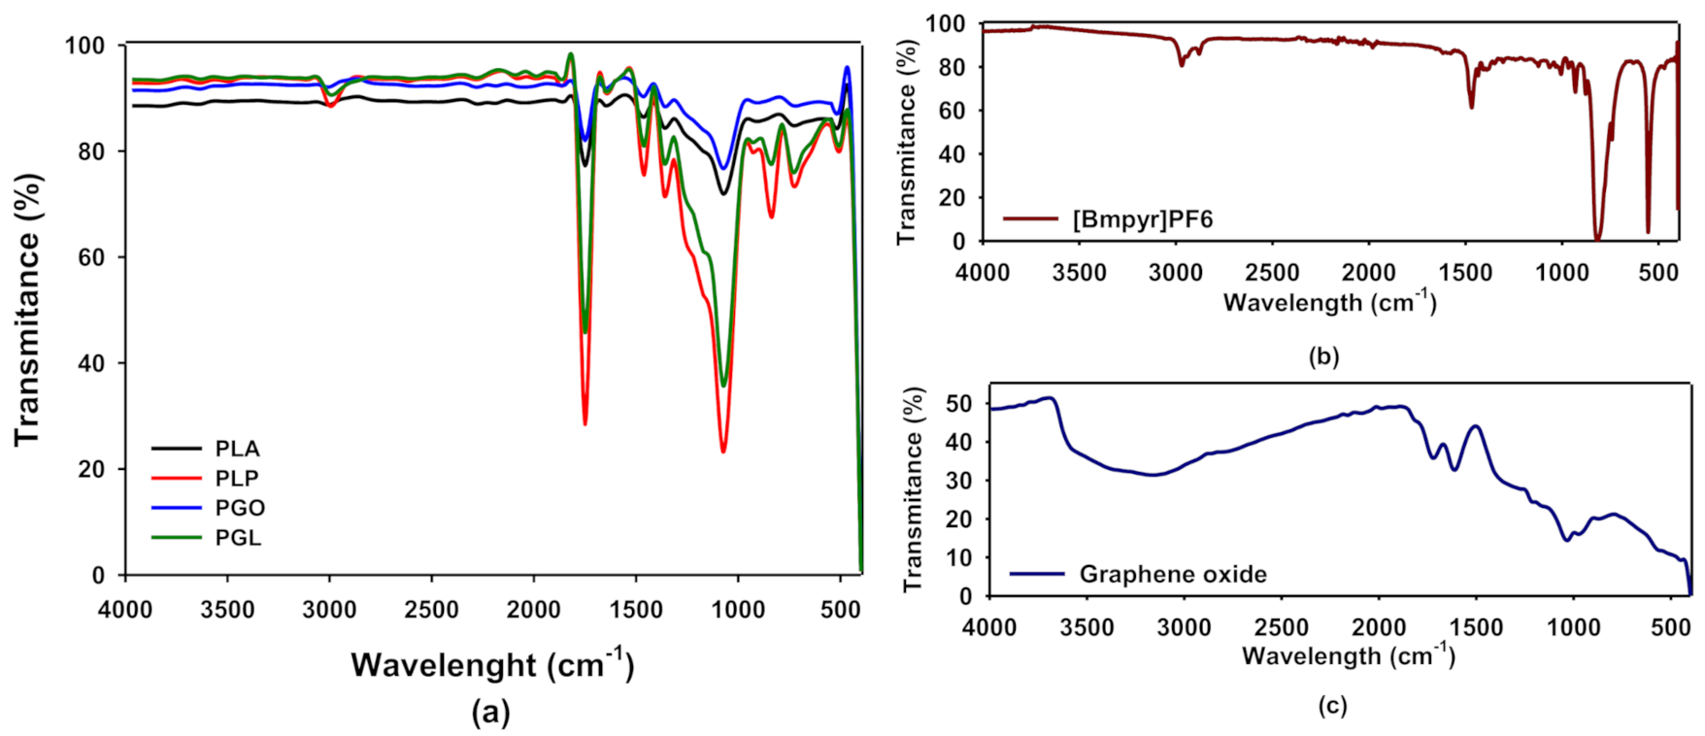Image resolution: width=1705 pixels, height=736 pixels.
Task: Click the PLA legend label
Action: coord(237,449)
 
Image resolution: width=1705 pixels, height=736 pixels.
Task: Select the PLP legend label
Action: coord(237,478)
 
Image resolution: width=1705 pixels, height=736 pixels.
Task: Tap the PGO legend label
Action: coord(240,508)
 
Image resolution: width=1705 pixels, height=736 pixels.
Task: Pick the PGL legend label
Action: coord(238,538)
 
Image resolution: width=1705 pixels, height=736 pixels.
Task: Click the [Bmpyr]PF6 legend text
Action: coord(1142,219)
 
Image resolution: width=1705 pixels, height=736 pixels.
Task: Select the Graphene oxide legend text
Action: coord(1173,574)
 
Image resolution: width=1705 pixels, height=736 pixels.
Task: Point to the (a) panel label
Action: coord(490,714)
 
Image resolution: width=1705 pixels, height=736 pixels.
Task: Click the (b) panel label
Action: coord(1323,356)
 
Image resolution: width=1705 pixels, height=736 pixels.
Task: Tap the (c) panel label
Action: coord(1332,706)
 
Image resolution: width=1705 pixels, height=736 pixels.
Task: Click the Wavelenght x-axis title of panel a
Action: coord(492,665)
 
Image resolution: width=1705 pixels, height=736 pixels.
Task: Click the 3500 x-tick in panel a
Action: coord(227,610)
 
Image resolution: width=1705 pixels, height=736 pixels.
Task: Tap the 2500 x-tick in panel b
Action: coord(1272,273)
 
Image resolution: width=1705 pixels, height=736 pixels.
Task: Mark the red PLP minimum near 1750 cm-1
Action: coord(585,423)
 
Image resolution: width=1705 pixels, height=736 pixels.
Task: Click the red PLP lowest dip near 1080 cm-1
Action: coord(722,452)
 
